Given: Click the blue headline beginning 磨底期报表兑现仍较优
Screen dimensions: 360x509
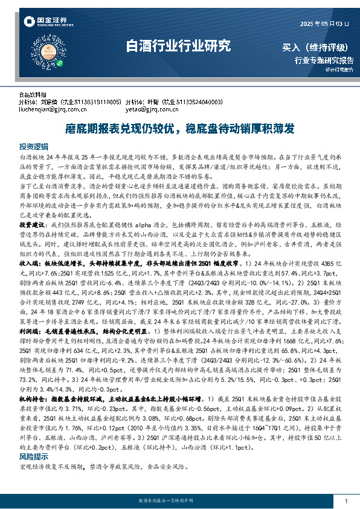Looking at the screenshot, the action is tap(179, 128).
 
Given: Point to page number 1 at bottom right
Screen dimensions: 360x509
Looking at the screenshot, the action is tap(346, 501).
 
